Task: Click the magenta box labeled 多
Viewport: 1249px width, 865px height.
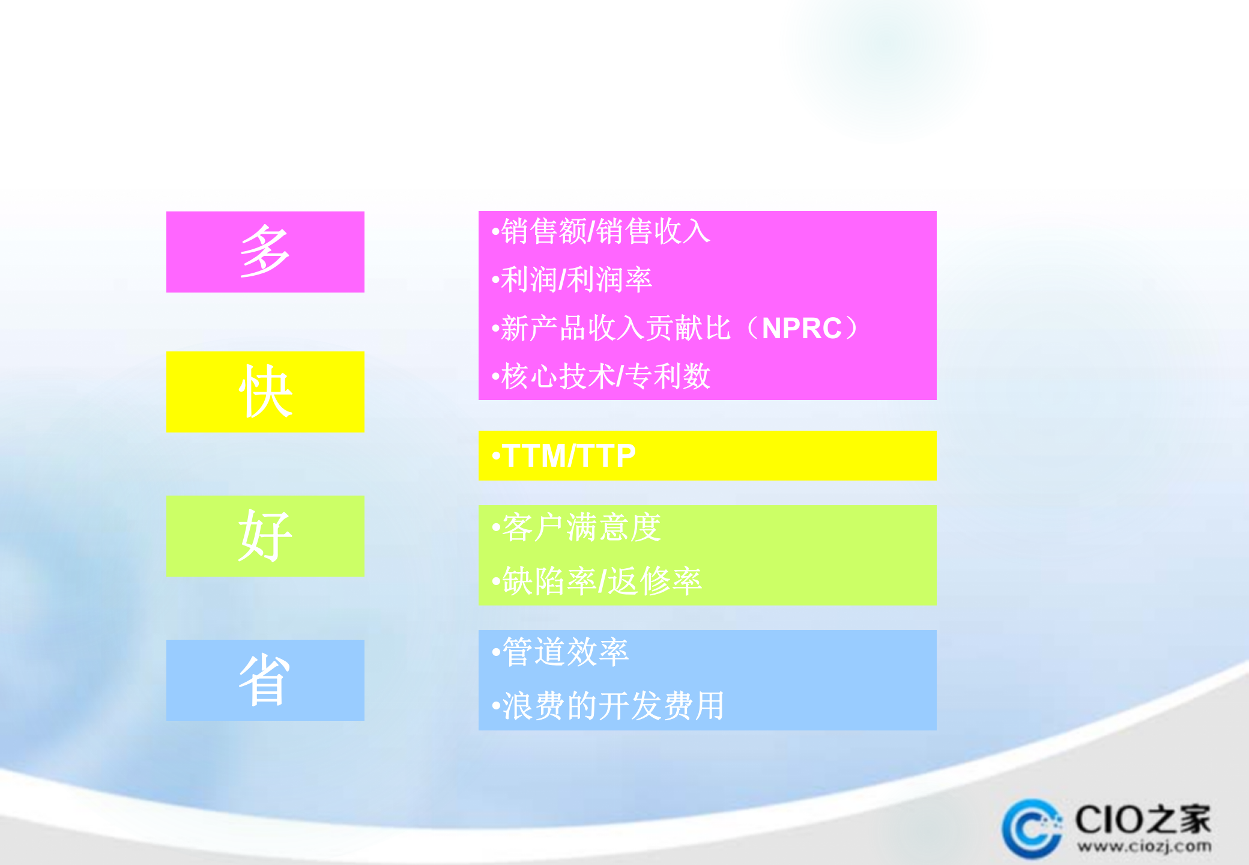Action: pos(265,252)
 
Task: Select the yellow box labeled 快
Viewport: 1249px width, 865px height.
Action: pos(265,392)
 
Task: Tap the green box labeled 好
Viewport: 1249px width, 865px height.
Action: pos(265,536)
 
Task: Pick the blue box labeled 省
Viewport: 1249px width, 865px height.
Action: pos(265,680)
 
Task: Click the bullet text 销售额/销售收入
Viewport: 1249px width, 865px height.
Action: pos(605,231)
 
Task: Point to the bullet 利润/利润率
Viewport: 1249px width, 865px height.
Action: pos(576,280)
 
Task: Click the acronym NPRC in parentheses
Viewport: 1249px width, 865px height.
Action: pos(802,329)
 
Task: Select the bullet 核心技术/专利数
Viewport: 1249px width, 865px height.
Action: pos(605,377)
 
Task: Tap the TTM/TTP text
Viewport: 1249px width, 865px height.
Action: pos(569,456)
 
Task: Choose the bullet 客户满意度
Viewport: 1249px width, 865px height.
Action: pos(581,528)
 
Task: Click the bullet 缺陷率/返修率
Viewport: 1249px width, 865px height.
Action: pos(602,581)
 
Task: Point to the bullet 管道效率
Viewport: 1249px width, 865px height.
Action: pos(565,652)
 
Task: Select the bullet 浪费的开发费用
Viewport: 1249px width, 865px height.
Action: pos(613,706)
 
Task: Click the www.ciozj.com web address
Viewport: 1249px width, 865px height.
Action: pos(1144,847)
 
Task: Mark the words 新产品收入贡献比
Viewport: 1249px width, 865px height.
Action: pos(615,329)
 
